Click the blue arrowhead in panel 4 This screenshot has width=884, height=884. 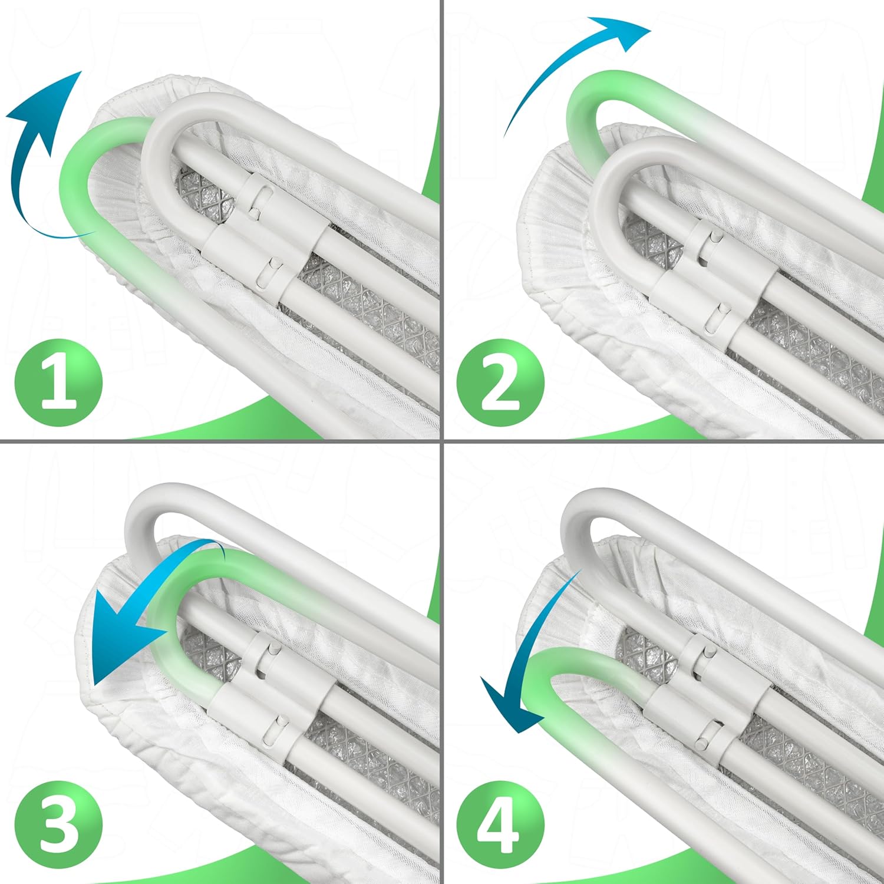click(510, 704)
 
